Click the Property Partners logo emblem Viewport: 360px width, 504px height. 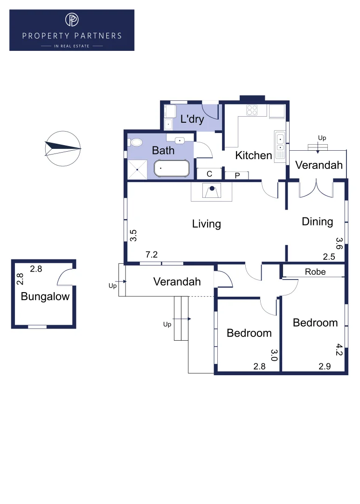[72, 20]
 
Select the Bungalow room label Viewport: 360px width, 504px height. [45, 296]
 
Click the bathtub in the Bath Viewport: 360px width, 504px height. [172, 168]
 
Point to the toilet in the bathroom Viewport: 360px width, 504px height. [136, 142]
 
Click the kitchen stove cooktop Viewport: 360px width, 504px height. [252, 110]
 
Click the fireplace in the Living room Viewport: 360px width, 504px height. [212, 191]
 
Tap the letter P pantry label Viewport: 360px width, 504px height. [237, 175]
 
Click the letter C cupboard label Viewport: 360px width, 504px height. [209, 174]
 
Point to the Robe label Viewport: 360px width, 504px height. [315, 272]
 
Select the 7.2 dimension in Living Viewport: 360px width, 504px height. [152, 254]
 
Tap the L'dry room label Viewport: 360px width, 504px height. [192, 119]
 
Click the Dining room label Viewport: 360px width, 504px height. [318, 221]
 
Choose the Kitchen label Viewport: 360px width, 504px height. [254, 155]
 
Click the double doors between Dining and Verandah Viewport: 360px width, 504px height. [316, 189]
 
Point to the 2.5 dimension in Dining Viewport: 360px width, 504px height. [329, 256]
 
